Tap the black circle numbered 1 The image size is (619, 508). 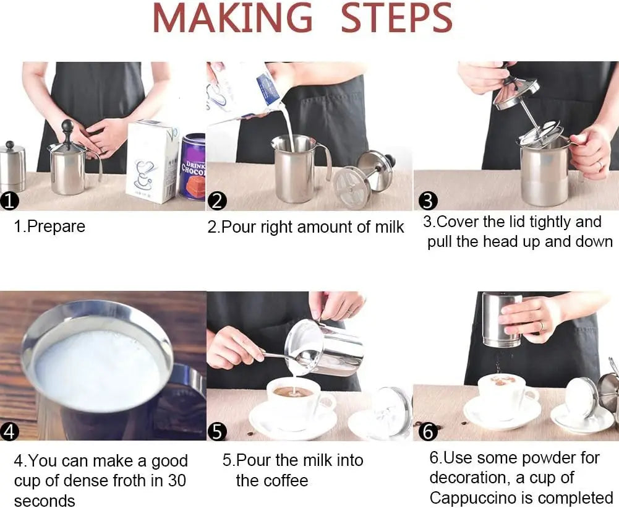tap(11, 200)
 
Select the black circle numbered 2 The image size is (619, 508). tap(218, 200)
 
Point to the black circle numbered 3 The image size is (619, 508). tap(428, 200)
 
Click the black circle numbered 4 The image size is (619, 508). tap(10, 431)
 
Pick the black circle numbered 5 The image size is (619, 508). tap(217, 431)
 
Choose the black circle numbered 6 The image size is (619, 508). tap(428, 431)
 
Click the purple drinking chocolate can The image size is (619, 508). tap(192, 167)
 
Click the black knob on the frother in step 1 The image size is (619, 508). tap(67, 127)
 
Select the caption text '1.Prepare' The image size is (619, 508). tap(49, 226)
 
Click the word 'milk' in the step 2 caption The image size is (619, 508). tap(389, 227)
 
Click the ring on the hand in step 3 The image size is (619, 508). tap(598, 165)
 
